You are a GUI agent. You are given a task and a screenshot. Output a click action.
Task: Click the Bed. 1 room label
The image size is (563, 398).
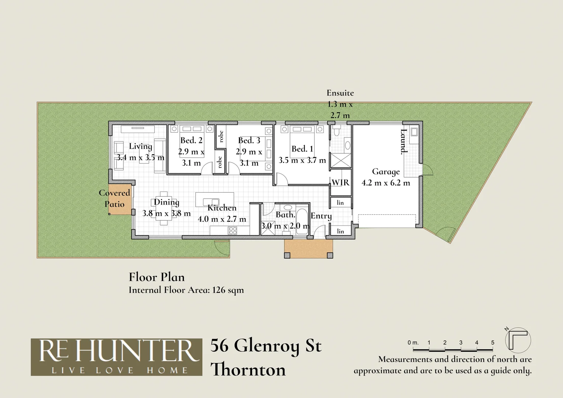point(302,149)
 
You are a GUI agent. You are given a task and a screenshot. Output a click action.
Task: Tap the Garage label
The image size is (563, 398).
point(385,172)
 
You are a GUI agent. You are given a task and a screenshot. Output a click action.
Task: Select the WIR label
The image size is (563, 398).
point(340,182)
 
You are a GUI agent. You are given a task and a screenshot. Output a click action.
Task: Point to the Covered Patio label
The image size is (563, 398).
point(115,198)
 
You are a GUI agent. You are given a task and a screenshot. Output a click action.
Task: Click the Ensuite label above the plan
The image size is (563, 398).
point(340,93)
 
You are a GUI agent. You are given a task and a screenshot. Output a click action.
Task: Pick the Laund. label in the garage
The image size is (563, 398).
point(404,141)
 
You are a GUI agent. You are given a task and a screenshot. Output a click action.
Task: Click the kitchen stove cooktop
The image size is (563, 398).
point(233,231)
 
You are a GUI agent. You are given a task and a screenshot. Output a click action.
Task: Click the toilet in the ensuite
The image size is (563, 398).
point(336,131)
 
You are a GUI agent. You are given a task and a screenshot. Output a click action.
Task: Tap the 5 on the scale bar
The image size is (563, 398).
point(493,343)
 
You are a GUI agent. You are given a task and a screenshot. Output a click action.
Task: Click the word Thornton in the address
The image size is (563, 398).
point(249,370)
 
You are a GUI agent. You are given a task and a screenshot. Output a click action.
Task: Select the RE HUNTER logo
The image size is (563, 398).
point(116,357)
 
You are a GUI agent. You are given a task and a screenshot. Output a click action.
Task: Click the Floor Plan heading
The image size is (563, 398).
point(157,277)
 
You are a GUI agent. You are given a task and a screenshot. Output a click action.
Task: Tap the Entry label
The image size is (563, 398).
point(321,216)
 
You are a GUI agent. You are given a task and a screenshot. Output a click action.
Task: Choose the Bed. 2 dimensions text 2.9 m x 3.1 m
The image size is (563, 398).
point(191,157)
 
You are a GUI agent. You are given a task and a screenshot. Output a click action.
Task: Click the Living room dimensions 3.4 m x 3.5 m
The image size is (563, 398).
point(140,158)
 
